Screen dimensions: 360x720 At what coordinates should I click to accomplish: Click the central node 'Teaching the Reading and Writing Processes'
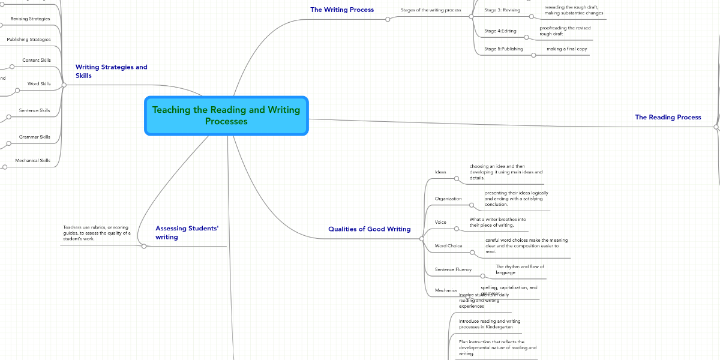pyautogui.click(x=226, y=116)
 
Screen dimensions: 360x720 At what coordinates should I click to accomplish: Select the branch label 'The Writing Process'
pyautogui.click(x=341, y=10)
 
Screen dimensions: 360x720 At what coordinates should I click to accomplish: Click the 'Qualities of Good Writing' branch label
pyautogui.click(x=369, y=229)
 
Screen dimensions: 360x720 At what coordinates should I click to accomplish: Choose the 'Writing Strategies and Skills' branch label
pyautogui.click(x=111, y=71)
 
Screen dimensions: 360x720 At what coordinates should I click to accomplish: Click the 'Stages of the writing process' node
pyautogui.click(x=431, y=10)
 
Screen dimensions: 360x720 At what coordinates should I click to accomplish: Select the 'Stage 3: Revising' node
pyautogui.click(x=502, y=10)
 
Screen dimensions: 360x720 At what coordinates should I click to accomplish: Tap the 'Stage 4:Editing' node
pyautogui.click(x=500, y=31)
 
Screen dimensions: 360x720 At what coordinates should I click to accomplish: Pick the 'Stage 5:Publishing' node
pyautogui.click(x=503, y=49)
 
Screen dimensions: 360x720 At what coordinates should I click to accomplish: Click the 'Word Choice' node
pyautogui.click(x=448, y=246)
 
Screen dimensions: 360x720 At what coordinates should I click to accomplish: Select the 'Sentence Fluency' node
pyautogui.click(x=453, y=269)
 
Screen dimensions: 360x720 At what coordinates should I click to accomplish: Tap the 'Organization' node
pyautogui.click(x=448, y=198)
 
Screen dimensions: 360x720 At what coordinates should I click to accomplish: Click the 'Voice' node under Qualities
pyautogui.click(x=440, y=222)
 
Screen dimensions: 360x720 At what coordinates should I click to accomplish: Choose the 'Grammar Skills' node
pyautogui.click(x=34, y=137)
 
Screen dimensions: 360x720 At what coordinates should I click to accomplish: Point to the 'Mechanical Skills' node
pyautogui.click(x=32, y=160)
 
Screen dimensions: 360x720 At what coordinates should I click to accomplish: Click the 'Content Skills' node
pyautogui.click(x=36, y=60)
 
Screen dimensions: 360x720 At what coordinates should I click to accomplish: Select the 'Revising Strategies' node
pyautogui.click(x=30, y=19)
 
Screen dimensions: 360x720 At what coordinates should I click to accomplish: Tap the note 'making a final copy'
pyautogui.click(x=566, y=49)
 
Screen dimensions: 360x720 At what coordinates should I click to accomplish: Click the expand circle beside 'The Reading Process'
pyautogui.click(x=716, y=127)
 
